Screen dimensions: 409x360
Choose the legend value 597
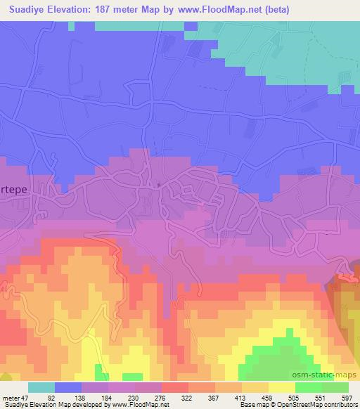tap(347, 397)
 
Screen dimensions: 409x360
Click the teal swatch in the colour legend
tap(41, 387)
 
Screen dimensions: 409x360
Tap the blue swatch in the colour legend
tap(68, 387)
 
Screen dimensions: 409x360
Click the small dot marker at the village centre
tap(160, 186)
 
